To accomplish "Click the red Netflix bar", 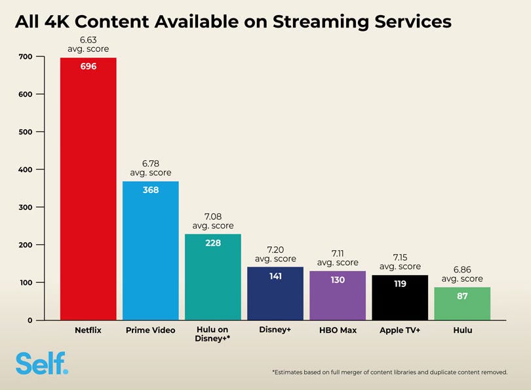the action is (x=88, y=188).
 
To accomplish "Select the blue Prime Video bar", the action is (x=150, y=251).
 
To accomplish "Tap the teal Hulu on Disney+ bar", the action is (x=212, y=276).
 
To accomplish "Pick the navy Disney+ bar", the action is (x=275, y=293).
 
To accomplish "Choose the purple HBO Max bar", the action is (x=338, y=295).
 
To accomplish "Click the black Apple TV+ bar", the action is (x=400, y=297).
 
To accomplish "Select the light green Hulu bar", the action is (x=462, y=303).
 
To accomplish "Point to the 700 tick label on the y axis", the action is (x=26, y=56).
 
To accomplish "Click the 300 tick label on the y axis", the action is (x=26, y=207).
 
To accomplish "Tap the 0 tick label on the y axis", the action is (x=29, y=320).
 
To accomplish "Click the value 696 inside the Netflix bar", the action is (x=88, y=66).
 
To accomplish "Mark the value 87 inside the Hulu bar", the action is (x=462, y=296).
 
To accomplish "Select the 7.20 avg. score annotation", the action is (x=275, y=254).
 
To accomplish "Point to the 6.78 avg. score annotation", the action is (x=151, y=168).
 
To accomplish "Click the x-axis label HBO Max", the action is (x=338, y=330).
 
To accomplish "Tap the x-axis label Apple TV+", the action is (x=400, y=330).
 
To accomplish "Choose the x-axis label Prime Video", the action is (x=150, y=330).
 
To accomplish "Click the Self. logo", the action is (x=42, y=363).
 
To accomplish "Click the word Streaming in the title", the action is (x=321, y=22).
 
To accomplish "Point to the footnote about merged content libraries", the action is (x=390, y=372).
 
